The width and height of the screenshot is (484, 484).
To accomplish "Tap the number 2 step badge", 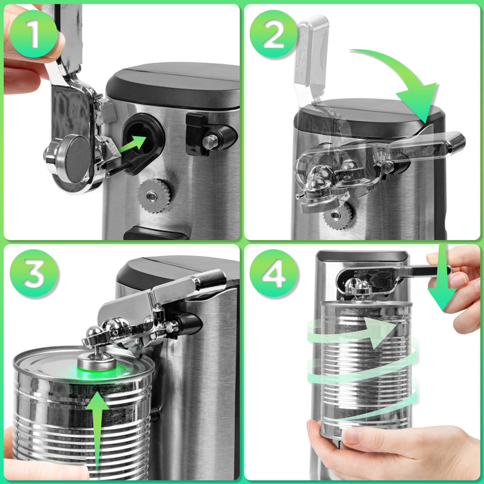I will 273,34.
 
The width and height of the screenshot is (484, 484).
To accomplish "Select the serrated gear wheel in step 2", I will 338,215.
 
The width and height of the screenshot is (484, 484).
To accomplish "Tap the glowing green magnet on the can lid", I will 96,365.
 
